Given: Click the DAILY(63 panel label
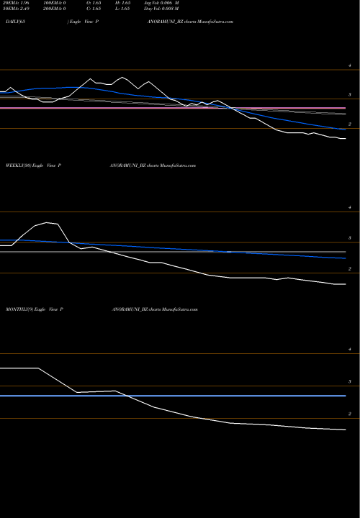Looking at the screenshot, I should pos(15,22).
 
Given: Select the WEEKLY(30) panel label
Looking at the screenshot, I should pos(19,165).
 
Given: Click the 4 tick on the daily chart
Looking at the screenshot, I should pos(350,65).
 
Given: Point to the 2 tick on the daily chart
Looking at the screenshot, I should pos(350,124).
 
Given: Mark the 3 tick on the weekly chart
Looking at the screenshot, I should pos(350,237).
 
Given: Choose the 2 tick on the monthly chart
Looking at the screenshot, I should pos(350,414).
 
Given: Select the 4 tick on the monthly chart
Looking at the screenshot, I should pos(350,350).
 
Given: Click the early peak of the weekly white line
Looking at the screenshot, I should pos(48,222).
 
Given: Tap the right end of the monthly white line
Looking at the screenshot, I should pos(346,430).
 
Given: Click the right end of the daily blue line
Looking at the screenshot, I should pos(345,129).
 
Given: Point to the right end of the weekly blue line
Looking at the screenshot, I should pos(346,258).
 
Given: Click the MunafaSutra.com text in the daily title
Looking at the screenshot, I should pos(215,22).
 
